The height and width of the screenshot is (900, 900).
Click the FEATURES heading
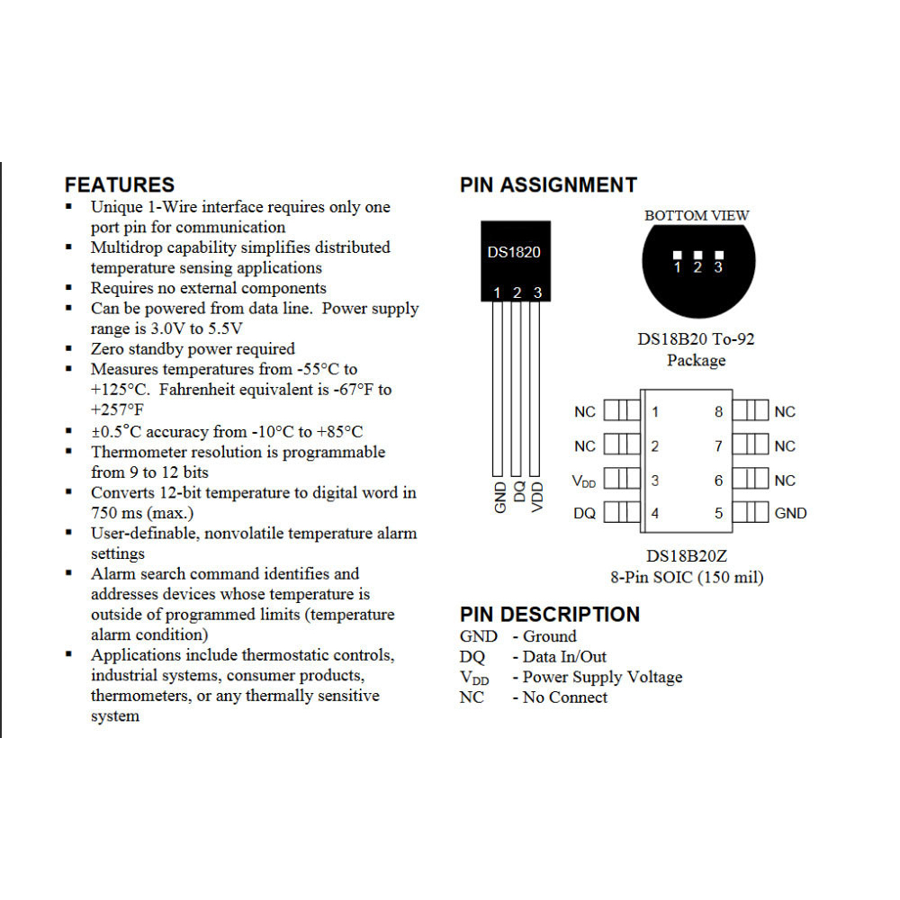[120, 185]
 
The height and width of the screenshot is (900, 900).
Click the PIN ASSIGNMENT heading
[548, 185]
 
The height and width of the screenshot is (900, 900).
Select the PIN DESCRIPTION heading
[549, 615]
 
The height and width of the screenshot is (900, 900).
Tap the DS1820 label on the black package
[514, 252]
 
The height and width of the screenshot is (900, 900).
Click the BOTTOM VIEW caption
[697, 216]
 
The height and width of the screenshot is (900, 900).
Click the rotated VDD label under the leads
[537, 497]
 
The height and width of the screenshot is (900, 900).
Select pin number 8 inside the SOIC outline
[718, 412]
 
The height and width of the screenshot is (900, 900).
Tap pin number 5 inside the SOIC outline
[718, 514]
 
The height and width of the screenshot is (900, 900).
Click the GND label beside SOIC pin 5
[790, 514]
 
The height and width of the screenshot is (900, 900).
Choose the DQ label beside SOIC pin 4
[584, 514]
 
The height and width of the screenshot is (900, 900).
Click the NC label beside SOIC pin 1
[584, 412]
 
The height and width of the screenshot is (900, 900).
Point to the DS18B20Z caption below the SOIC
[687, 557]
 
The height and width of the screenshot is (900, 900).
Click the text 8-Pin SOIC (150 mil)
[687, 578]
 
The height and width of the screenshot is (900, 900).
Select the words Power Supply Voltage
[602, 677]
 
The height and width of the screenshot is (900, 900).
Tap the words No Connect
[565, 697]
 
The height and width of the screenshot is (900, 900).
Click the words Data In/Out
[564, 657]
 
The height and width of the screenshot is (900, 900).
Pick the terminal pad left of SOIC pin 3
[617, 480]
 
